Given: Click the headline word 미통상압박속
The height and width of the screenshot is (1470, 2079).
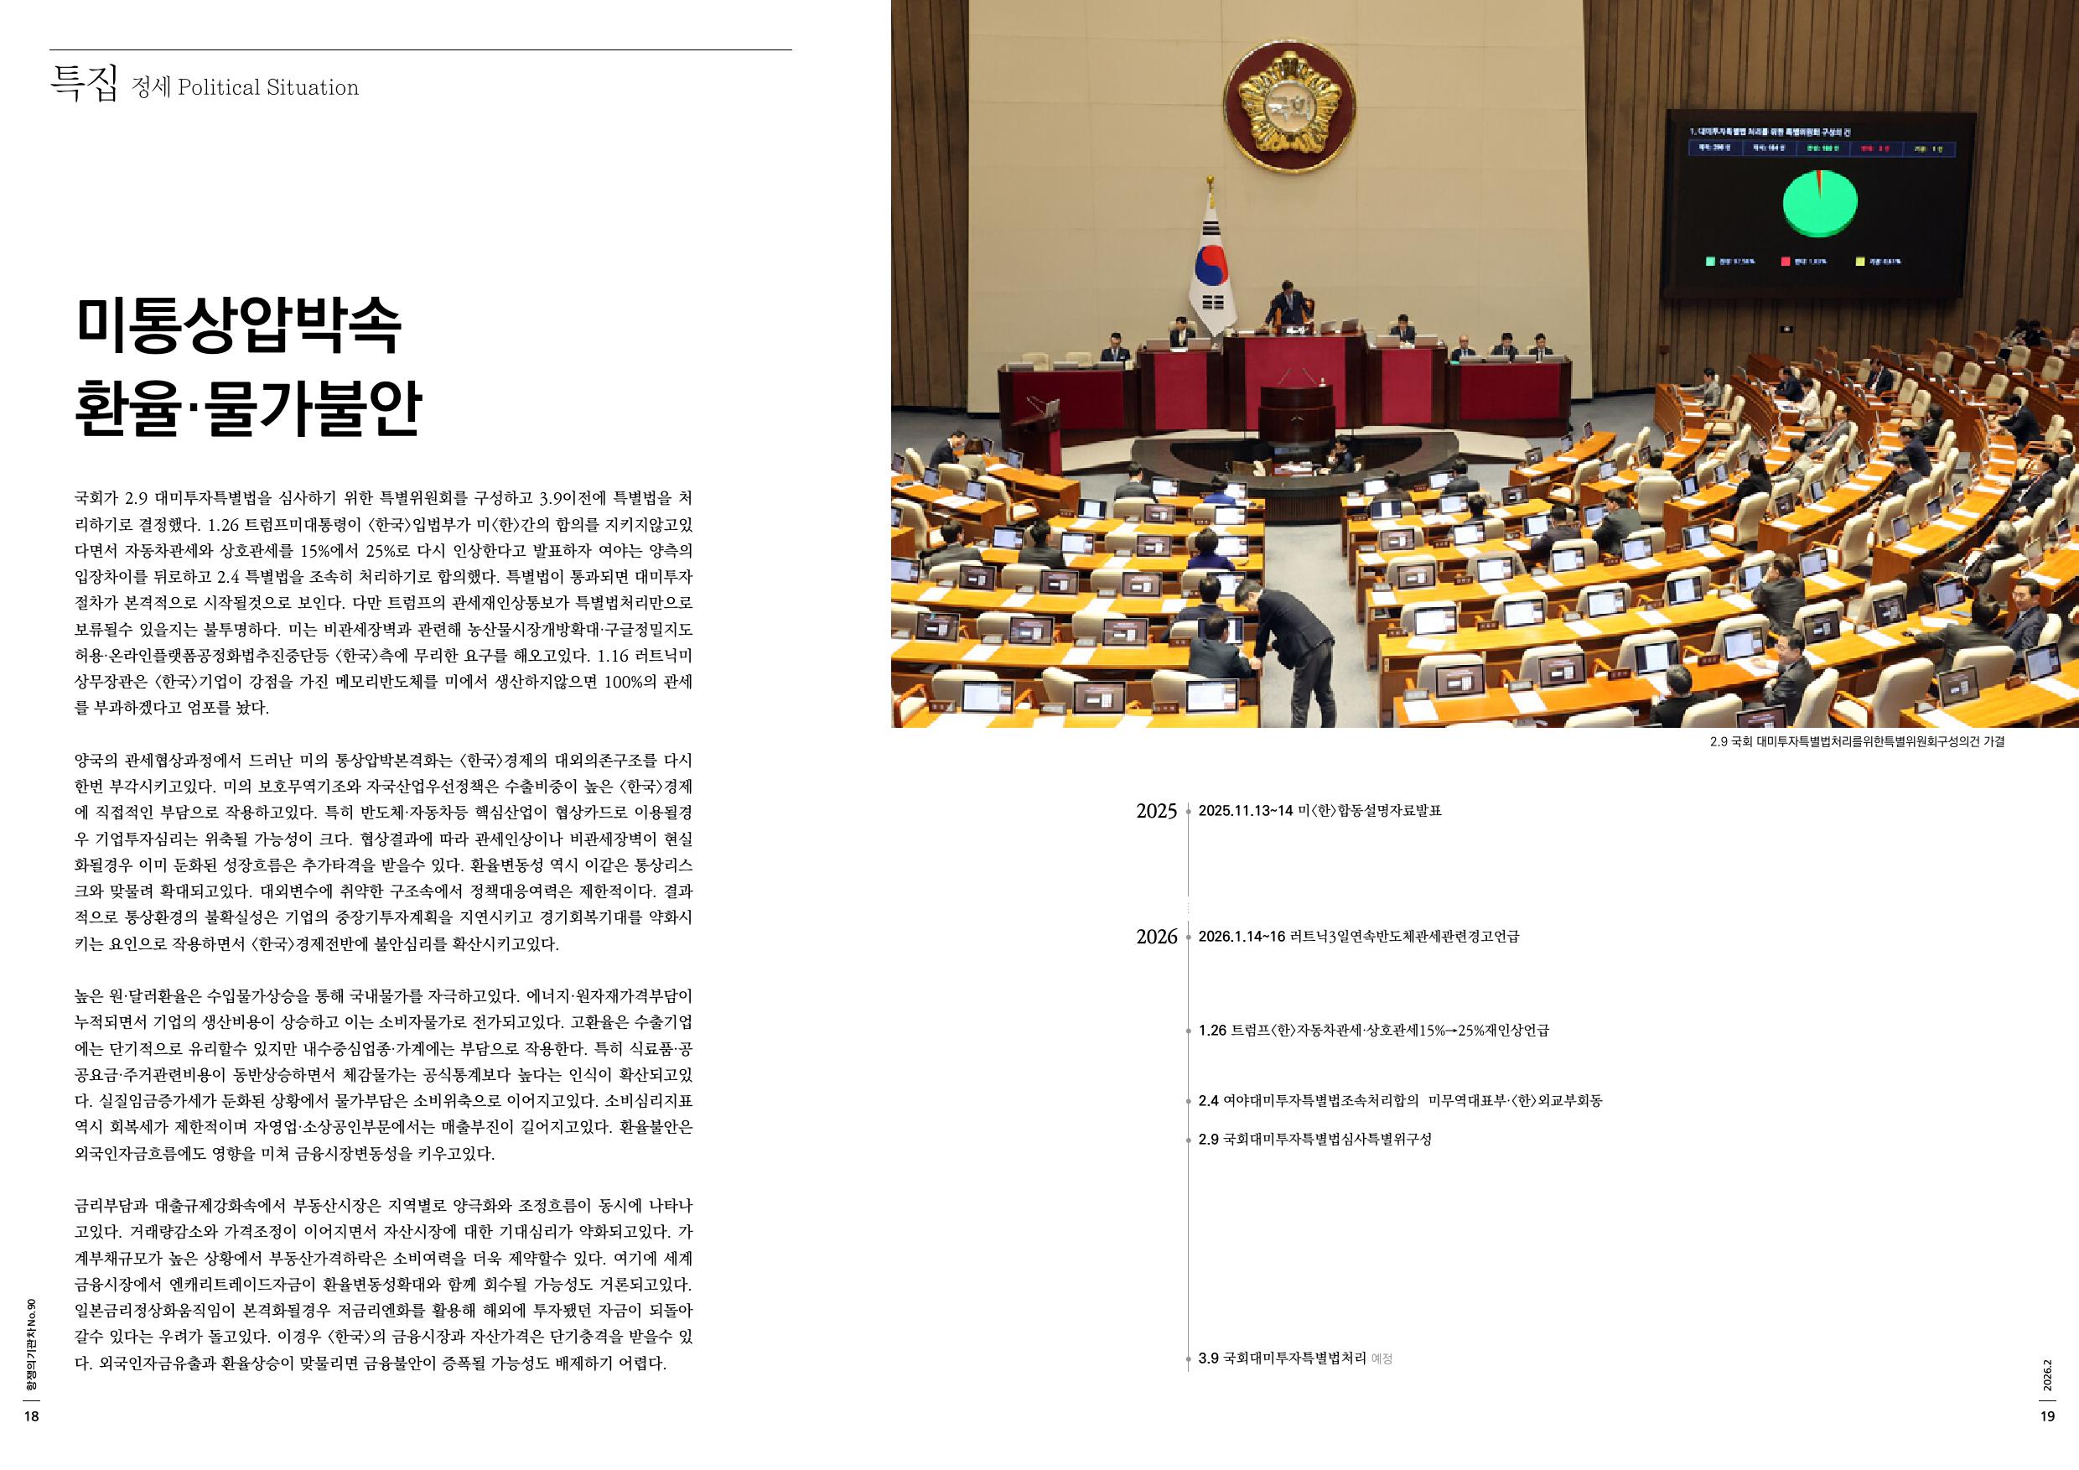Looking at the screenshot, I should click(238, 326).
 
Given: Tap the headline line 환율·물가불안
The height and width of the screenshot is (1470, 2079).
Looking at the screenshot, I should click(248, 408).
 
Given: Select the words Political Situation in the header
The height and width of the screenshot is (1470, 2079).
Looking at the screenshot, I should click(268, 88).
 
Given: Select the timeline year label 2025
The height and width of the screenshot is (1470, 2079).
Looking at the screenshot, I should click(1156, 812).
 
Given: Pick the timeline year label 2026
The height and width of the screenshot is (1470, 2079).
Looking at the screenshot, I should click(1156, 938).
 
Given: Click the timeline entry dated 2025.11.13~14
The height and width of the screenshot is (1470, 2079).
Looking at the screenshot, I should click(1319, 811).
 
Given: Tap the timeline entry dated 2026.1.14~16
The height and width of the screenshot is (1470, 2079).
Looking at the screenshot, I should click(1358, 937).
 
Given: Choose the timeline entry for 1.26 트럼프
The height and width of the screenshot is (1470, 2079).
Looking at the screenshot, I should click(1372, 1031).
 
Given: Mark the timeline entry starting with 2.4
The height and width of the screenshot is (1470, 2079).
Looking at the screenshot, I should click(1399, 1101).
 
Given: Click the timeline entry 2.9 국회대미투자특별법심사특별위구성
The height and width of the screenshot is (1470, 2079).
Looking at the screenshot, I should click(1314, 1140).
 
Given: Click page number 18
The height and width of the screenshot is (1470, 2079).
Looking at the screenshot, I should click(31, 1417).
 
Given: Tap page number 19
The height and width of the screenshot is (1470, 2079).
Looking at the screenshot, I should click(2048, 1417).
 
